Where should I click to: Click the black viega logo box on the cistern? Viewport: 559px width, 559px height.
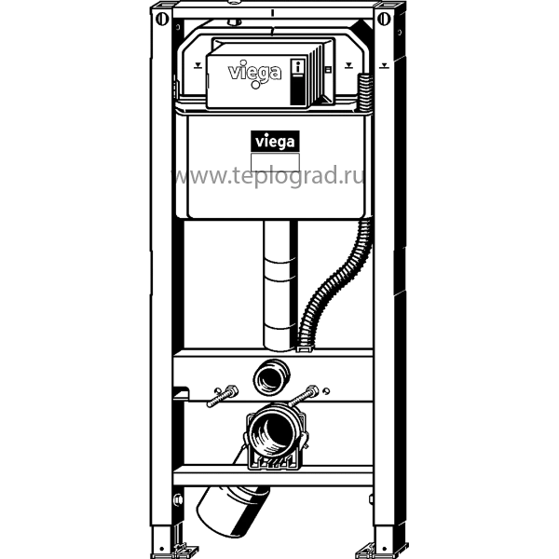[x=275, y=142]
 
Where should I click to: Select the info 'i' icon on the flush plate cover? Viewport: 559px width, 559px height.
[x=298, y=67]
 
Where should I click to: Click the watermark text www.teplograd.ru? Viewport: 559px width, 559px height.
[x=269, y=176]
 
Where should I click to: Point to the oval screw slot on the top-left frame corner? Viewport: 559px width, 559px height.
[x=161, y=19]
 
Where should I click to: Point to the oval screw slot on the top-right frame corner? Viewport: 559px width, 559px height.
[x=384, y=19]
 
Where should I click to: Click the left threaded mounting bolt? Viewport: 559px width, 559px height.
[x=223, y=397]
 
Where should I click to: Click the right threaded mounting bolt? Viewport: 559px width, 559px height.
[x=303, y=396]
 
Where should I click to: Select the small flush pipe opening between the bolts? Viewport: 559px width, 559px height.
[x=271, y=377]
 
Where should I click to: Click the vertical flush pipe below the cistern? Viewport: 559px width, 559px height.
[x=279, y=285]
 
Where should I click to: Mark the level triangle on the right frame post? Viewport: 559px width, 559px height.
[x=384, y=65]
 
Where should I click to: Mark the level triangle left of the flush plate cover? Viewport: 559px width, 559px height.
[x=198, y=65]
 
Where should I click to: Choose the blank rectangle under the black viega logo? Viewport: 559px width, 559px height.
[x=275, y=162]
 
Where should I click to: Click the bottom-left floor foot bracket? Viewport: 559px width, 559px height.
[x=175, y=549]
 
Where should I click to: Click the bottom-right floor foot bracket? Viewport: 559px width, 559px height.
[x=382, y=549]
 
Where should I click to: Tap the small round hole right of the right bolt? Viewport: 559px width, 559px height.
[x=326, y=391]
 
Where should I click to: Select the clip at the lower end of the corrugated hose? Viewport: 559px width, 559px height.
[x=306, y=348]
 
